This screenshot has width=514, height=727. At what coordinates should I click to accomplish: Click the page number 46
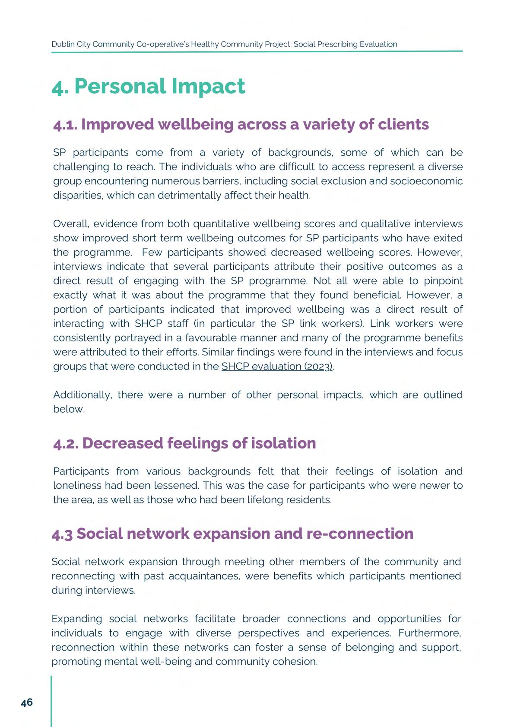(27, 702)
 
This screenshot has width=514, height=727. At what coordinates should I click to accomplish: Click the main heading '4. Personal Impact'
(148, 86)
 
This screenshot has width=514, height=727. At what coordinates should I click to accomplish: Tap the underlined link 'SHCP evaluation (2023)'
(277, 367)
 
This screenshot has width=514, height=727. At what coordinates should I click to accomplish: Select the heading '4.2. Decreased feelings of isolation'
(184, 443)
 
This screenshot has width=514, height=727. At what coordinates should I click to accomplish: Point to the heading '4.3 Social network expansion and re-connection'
(232, 534)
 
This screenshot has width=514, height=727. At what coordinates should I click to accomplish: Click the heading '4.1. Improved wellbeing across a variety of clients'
(241, 124)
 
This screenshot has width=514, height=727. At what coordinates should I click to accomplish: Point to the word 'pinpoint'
(443, 281)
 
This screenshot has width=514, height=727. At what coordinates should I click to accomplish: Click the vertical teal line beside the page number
(51, 701)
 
